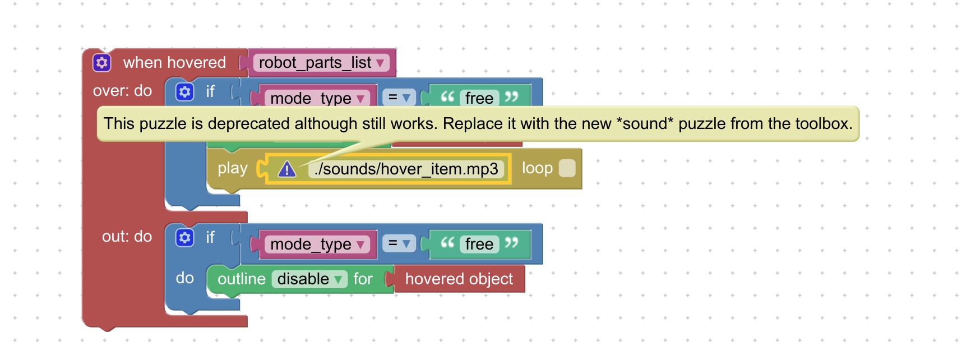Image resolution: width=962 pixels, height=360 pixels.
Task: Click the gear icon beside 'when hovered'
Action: tap(102, 62)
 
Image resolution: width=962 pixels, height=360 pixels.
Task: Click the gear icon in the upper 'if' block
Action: tap(184, 91)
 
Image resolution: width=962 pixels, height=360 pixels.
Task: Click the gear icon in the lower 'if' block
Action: tap(184, 238)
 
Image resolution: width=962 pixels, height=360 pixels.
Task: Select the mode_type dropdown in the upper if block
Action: tap(317, 98)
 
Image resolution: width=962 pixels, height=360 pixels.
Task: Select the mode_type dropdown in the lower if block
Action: tap(317, 244)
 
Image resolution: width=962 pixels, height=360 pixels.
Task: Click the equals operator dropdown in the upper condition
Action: tap(399, 98)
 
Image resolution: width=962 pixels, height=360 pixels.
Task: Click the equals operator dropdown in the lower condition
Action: tap(399, 243)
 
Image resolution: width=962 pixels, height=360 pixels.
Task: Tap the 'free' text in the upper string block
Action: tap(479, 98)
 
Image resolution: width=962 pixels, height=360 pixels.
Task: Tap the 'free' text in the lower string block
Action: tap(479, 244)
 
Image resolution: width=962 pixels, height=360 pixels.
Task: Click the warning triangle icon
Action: tap(287, 169)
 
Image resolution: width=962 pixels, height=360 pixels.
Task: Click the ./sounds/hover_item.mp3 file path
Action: tap(406, 169)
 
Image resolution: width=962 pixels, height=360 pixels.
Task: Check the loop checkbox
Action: tap(567, 168)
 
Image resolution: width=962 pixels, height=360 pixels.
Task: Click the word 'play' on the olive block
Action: tap(233, 168)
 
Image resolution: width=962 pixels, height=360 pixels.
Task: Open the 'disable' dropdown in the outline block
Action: tap(309, 279)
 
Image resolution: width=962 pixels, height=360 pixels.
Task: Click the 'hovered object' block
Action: tap(459, 279)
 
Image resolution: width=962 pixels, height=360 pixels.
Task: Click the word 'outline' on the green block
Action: tap(242, 279)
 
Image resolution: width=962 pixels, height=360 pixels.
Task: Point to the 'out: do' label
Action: tap(127, 237)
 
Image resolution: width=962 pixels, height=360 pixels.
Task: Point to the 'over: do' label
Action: tap(123, 91)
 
